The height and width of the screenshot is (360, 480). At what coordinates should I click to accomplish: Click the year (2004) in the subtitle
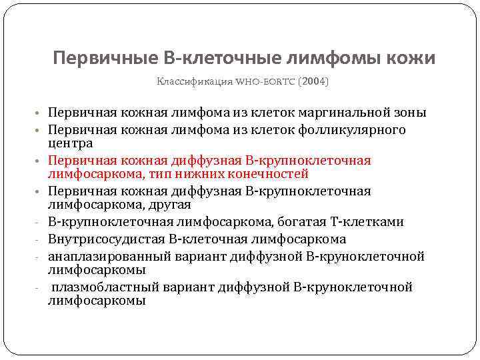coord(313,82)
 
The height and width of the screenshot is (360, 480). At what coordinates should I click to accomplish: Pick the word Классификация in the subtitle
coord(194,82)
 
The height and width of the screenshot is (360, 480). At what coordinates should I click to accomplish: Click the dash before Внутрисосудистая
coord(41,239)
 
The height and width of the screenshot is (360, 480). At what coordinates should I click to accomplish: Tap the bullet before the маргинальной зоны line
coord(41,113)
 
